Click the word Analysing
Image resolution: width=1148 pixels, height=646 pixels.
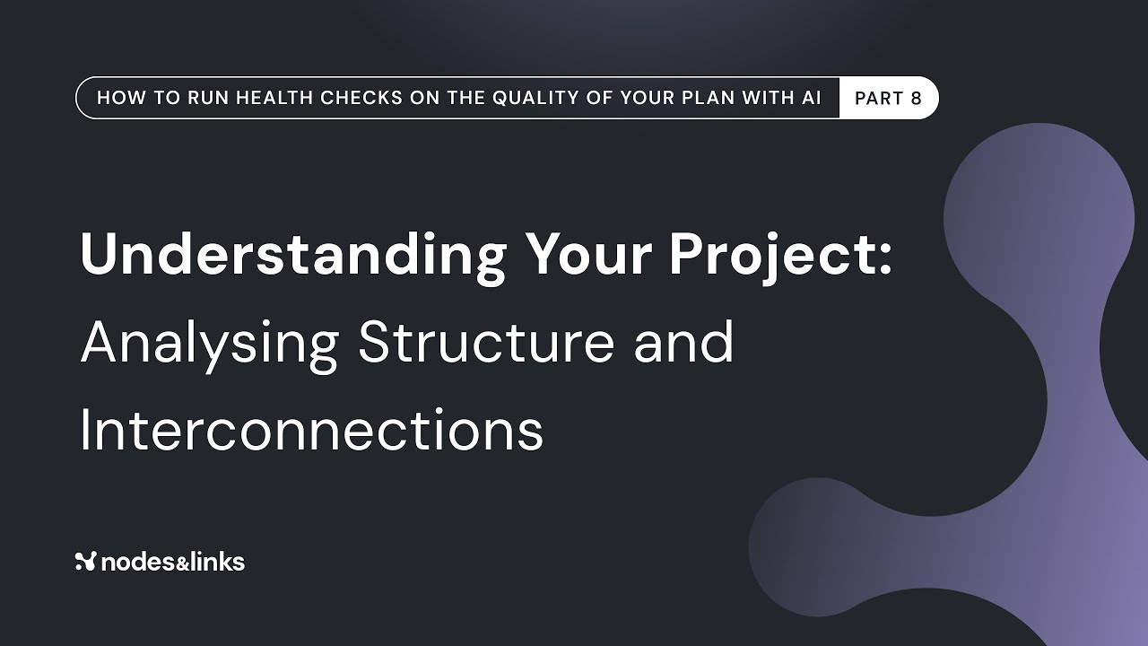coord(209,344)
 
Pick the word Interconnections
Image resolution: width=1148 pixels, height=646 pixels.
coord(311,430)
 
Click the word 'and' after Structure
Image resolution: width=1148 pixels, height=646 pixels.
coord(684,342)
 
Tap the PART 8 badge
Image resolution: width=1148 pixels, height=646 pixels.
coord(888,99)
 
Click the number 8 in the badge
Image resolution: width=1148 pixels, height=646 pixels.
coord(916,99)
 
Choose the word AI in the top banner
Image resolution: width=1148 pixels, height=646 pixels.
coord(811,99)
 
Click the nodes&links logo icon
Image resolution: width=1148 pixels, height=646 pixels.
coord(86,563)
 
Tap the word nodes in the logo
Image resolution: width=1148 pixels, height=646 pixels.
coord(133,563)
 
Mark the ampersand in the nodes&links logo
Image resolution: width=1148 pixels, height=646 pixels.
coord(173,563)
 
